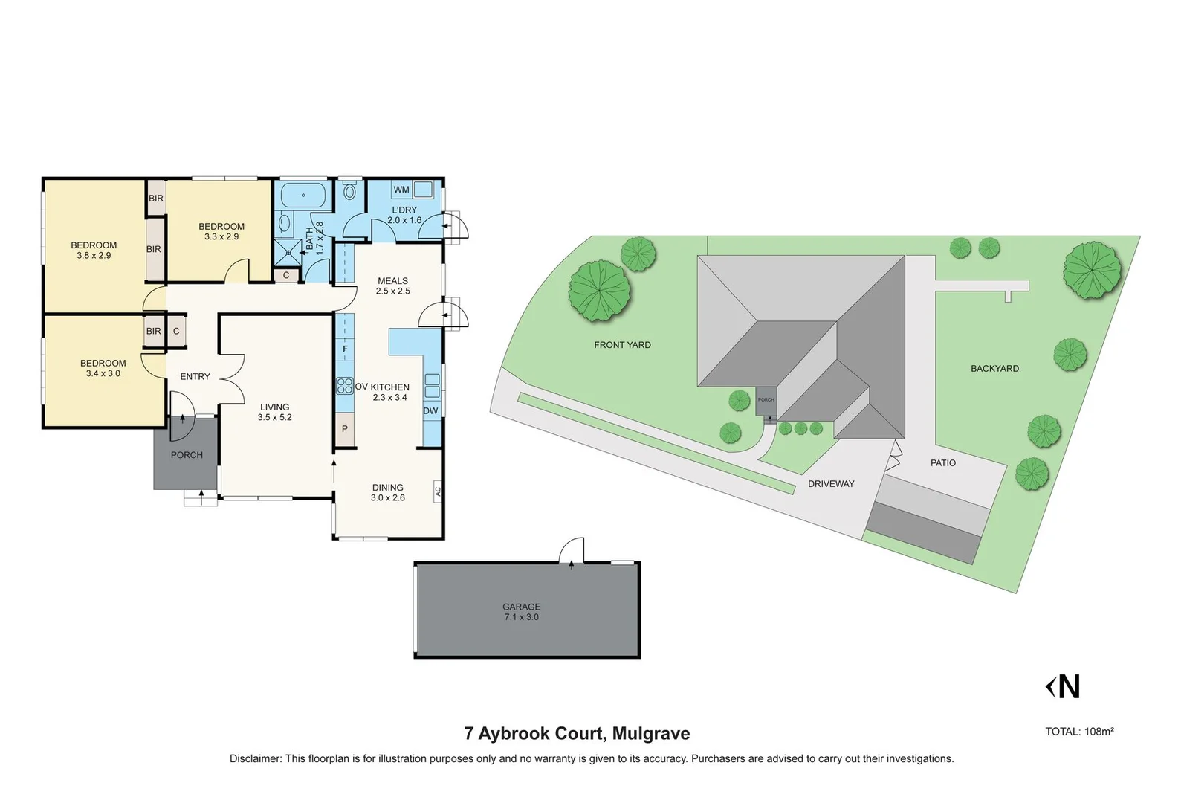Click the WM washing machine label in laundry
coord(401,190)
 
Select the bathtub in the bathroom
coord(303,196)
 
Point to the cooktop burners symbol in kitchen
coord(345,385)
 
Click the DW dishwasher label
coord(430,410)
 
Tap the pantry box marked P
coord(345,429)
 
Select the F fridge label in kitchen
coord(345,349)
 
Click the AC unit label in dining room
coord(437,491)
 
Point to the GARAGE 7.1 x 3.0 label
coord(521,612)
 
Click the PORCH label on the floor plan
coord(187,455)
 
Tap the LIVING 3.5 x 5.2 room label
coord(274,412)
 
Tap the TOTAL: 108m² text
coord(1079,732)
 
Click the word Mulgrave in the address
coord(651,734)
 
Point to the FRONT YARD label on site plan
coord(622,345)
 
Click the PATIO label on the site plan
coord(942,462)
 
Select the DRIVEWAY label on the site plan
coord(831,484)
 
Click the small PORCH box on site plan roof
coord(766,400)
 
